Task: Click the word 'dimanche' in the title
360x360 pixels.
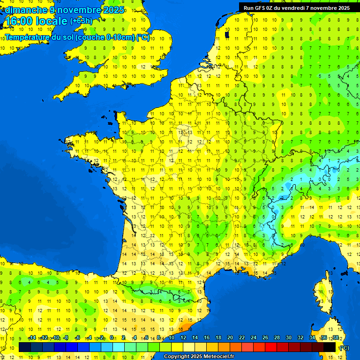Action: [x=25, y=10]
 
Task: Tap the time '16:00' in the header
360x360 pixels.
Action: [x=20, y=21]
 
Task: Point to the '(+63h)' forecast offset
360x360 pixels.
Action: [x=81, y=21]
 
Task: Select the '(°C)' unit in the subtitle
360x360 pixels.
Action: [x=143, y=37]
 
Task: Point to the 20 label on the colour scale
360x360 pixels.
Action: [x=230, y=338]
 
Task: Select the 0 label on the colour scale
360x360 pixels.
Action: [x=112, y=338]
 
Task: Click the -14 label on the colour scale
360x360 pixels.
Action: [x=32, y=338]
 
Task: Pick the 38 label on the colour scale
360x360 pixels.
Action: [x=335, y=338]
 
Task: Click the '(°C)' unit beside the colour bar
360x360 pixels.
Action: [x=345, y=348]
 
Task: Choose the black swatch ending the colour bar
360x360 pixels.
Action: [x=330, y=347]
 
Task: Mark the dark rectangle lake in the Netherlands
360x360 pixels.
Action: [x=227, y=34]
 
